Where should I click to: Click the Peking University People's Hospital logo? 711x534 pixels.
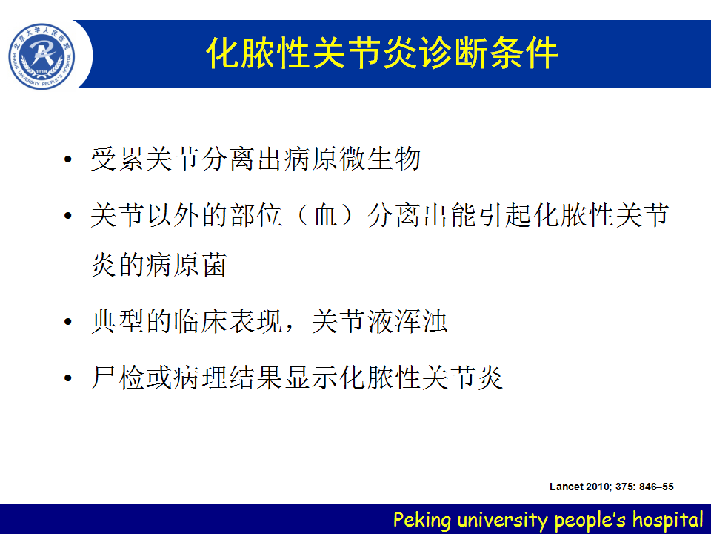(x=41, y=56)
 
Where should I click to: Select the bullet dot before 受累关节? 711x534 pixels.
(x=68, y=159)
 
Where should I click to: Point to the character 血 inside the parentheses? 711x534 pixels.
(x=324, y=215)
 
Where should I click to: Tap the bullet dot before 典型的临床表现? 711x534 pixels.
(x=68, y=322)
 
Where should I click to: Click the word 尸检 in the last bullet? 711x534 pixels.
(x=118, y=378)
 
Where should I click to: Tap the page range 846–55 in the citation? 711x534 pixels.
(x=657, y=487)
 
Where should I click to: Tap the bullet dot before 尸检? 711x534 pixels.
(x=68, y=378)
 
